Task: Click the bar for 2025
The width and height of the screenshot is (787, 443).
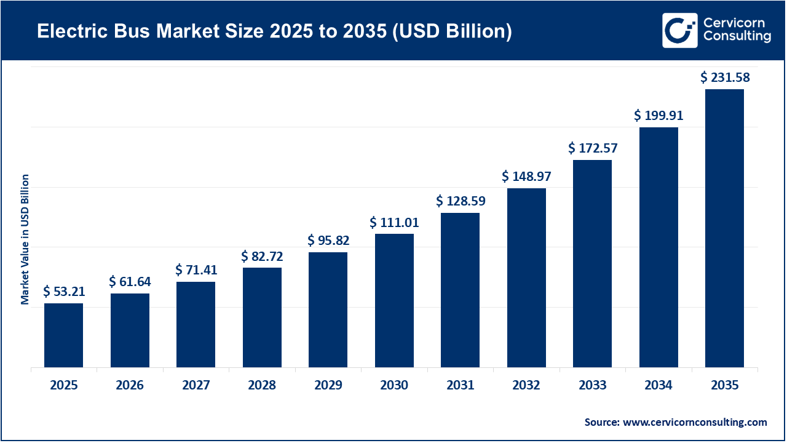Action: click(x=63, y=335)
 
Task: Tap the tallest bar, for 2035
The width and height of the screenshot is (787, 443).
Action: click(x=724, y=228)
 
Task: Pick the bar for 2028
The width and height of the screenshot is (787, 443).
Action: click(x=262, y=317)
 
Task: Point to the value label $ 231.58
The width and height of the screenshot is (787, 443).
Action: click(x=726, y=78)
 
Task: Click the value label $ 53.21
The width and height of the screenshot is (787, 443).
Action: click(x=64, y=292)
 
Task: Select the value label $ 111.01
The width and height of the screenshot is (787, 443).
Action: click(x=394, y=221)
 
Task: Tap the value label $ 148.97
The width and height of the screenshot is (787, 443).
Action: click(x=526, y=177)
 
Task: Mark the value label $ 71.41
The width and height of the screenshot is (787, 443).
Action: click(x=196, y=269)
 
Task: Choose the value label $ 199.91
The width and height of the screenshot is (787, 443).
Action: click(x=658, y=115)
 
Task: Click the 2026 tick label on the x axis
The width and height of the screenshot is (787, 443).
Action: click(x=130, y=386)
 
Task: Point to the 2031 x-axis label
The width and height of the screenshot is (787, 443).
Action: click(x=460, y=386)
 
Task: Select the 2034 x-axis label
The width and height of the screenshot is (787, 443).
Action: click(x=658, y=386)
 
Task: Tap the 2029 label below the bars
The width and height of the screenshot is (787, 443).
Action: click(x=328, y=386)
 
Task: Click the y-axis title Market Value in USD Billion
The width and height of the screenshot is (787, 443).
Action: click(x=25, y=239)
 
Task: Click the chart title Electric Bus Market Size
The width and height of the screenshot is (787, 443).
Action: click(x=274, y=32)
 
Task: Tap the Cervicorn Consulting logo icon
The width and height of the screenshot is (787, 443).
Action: click(x=679, y=30)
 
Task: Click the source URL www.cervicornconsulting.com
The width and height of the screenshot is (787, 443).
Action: click(x=695, y=422)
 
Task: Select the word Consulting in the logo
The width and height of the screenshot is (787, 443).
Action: click(x=737, y=38)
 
